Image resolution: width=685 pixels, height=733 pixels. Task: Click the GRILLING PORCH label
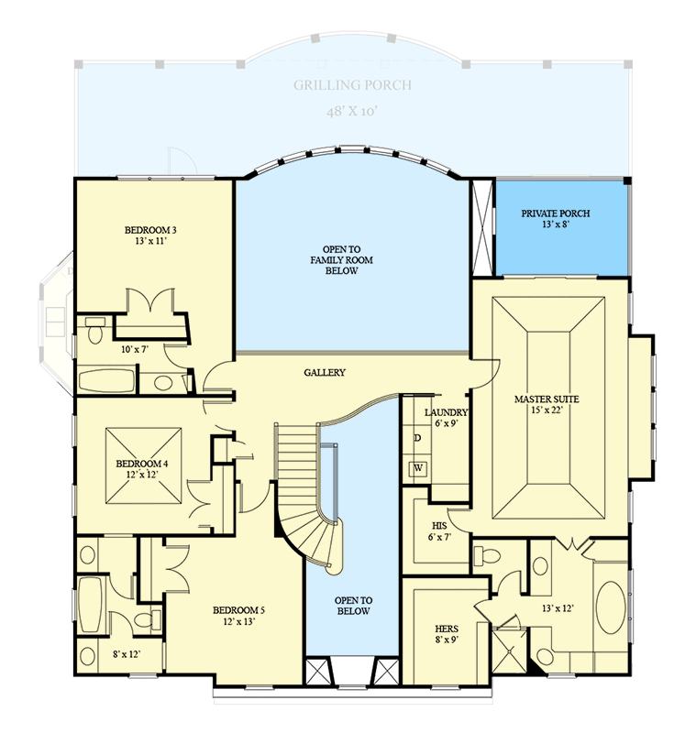[x=352, y=85]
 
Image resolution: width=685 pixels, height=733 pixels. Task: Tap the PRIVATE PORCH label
[x=556, y=213]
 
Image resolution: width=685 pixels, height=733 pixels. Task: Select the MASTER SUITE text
[x=547, y=399]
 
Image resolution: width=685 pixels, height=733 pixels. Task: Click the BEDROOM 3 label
[x=149, y=229]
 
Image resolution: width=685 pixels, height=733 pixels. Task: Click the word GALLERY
[x=325, y=373]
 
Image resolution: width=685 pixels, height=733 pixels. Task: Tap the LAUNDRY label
[x=447, y=412]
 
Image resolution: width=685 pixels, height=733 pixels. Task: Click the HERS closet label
[x=447, y=629]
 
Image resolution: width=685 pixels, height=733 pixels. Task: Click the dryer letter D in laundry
[x=418, y=438]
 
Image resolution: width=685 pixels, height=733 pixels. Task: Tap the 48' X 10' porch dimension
[x=352, y=111]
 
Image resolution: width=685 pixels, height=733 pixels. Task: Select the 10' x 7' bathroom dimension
[x=134, y=349]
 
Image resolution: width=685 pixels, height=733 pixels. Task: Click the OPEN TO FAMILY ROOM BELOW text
[x=352, y=260]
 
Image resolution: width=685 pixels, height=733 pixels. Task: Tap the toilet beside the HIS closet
[x=487, y=554]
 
